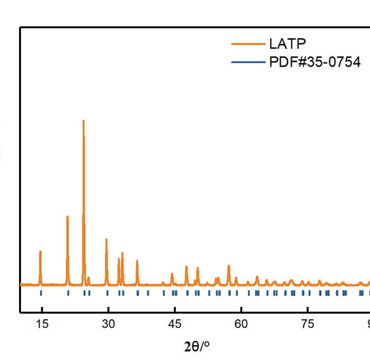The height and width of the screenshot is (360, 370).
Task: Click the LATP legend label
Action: [x=287, y=44]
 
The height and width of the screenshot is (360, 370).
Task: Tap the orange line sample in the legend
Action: [x=247, y=44]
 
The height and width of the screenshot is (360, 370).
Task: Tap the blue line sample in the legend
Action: [x=247, y=62]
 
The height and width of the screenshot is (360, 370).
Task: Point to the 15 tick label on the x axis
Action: [x=41, y=324]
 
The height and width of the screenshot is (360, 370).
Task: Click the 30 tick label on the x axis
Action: [x=108, y=324]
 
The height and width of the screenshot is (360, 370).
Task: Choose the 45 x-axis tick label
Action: [x=175, y=324]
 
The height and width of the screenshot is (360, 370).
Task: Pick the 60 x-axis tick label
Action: [x=242, y=324]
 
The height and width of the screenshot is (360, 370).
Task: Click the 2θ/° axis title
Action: [x=202, y=345]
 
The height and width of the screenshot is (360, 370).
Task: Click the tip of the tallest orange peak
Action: [x=83, y=121]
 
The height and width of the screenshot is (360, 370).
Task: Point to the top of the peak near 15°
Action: [x=40, y=251]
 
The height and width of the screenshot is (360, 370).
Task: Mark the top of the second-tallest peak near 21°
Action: [x=67, y=216]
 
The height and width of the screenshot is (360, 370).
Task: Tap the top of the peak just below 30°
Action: [x=107, y=240]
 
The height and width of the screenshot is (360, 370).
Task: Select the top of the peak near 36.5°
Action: [x=137, y=261]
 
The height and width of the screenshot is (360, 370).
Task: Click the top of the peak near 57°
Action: [x=229, y=266]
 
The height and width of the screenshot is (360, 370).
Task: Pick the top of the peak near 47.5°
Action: [x=186, y=267]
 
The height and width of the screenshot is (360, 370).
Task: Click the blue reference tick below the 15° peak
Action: [x=41, y=293]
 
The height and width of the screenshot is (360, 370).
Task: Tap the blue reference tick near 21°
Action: [x=68, y=293]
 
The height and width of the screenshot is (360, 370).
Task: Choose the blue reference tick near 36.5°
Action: [x=137, y=293]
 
